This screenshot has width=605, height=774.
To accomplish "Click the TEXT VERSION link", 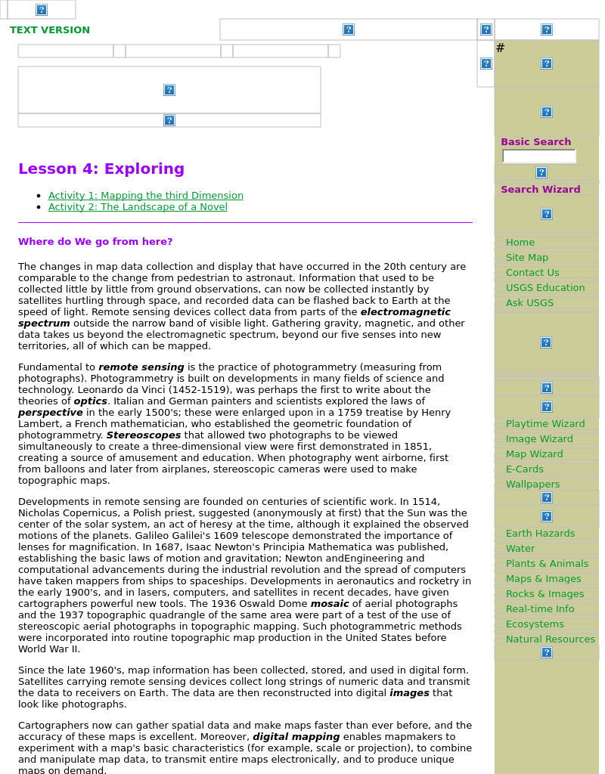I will pos(50,30).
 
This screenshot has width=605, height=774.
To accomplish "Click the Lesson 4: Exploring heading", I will pos(101,169).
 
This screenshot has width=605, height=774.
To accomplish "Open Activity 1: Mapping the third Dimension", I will pos(146,196).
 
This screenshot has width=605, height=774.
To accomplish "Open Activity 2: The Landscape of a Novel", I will pos(138,207).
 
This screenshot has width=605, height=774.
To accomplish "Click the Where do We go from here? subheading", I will pos(95,242).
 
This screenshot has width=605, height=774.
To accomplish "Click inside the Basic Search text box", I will pos(538,156).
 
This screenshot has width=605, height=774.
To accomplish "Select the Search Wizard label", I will pos(540,190).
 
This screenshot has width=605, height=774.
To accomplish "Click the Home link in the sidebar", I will pos(520,243).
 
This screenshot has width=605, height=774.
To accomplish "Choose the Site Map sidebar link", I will pos(527,258).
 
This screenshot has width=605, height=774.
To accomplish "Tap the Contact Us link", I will pos(532,273).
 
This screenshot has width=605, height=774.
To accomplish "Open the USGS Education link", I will pos(545,288).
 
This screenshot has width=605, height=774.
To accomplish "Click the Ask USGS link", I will pos(529,303).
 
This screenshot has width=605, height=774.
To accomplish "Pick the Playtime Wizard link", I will pos(545,424).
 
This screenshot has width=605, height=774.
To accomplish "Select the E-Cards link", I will pos(525,469).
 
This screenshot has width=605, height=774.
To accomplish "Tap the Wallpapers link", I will pos(533,485).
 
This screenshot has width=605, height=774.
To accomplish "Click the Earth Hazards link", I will pos(540,534).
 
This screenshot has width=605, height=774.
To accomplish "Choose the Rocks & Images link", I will pos(544,594).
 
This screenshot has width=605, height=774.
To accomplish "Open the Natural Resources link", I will pos(551,639).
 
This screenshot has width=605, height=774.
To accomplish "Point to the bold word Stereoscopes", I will pos(144,435).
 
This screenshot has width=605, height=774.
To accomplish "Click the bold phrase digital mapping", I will pos(296,737).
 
